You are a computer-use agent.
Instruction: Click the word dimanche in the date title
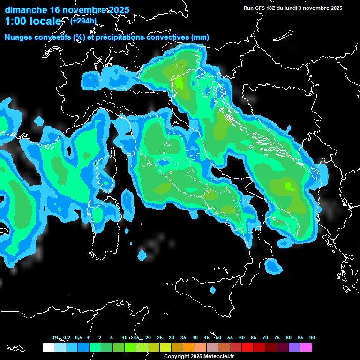coord(26,10)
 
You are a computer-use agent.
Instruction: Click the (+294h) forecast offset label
coord(83,21)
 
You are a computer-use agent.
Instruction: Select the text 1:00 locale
coord(33,22)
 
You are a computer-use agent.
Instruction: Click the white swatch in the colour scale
coord(48,347)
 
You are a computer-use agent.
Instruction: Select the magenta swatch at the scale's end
coord(306,347)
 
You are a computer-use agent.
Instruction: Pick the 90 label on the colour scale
coord(312,338)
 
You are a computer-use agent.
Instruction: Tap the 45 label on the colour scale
coord(207,338)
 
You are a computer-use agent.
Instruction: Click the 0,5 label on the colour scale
coord(78,338)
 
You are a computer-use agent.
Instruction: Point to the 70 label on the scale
coord(265,338)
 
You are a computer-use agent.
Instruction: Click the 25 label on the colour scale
coord(160,338)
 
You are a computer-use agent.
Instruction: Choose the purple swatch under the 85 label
coord(294,347)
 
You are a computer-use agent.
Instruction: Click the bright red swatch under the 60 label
coord(247,347)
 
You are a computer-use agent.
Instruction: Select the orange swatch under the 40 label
coord(189,347)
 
